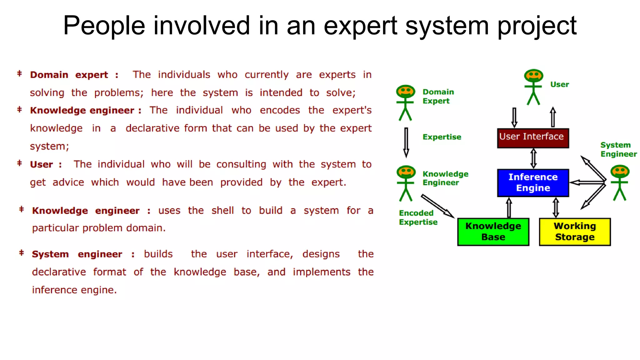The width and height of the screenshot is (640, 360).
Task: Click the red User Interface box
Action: (x=533, y=138)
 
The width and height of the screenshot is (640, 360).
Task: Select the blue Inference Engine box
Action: (x=533, y=183)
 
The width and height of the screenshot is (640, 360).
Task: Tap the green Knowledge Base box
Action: (x=493, y=232)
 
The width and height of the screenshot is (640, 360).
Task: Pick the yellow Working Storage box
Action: (x=575, y=232)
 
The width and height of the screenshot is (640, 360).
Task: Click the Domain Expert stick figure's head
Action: (x=405, y=92)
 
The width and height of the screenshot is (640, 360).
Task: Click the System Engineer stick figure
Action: (x=620, y=183)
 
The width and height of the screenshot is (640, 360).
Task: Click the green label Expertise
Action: (x=442, y=137)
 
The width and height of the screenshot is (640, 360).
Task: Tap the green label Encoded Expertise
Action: (x=418, y=217)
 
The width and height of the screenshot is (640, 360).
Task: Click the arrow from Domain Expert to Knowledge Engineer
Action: (x=406, y=142)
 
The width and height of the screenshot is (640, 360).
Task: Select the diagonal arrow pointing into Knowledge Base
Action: (x=437, y=206)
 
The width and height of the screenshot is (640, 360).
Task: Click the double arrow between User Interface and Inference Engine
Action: (x=533, y=158)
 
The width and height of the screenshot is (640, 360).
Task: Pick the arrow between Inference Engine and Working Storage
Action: (x=556, y=207)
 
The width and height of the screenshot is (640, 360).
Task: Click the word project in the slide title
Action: (x=537, y=26)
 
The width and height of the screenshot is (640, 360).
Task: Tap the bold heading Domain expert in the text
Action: (x=69, y=75)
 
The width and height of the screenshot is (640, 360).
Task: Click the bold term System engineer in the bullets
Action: (x=77, y=254)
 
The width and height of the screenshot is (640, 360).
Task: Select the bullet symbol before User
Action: (x=19, y=163)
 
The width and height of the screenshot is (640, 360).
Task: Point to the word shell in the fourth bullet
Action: (x=222, y=210)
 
